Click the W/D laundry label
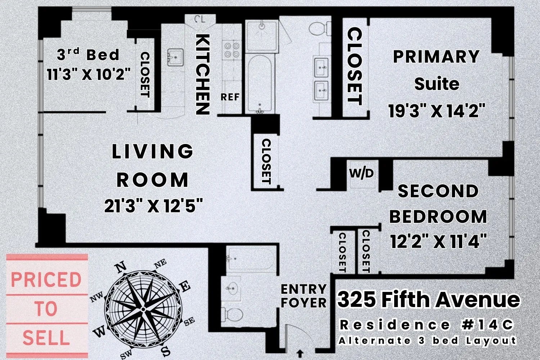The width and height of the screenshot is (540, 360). pos(361,174)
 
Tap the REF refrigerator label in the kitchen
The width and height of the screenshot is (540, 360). pos(230,97)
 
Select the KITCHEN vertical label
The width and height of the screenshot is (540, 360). pos(203,74)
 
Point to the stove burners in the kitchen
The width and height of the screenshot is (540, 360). pos(232,50)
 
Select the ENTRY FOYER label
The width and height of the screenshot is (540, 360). pos(303,296)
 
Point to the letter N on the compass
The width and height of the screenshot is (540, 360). pos(121,267)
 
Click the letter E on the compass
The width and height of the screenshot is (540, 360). pos(185,287)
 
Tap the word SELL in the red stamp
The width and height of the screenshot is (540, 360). pos(46,338)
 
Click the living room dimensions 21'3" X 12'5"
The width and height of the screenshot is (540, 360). pos(154,206)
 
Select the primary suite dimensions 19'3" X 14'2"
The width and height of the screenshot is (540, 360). pos(437,111)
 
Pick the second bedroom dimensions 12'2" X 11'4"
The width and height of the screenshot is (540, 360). pos(438,241)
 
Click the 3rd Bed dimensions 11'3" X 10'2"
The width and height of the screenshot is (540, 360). pos(89,75)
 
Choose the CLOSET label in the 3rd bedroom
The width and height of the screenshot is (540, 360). pos(145,75)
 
